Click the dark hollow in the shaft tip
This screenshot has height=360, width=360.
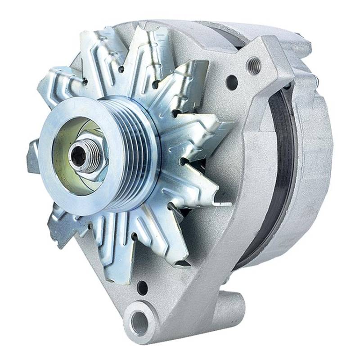[79, 155]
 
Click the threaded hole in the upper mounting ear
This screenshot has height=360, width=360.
[255, 66]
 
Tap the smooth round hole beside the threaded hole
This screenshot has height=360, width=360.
[232, 82]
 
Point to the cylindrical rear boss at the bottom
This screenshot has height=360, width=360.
[227, 310]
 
